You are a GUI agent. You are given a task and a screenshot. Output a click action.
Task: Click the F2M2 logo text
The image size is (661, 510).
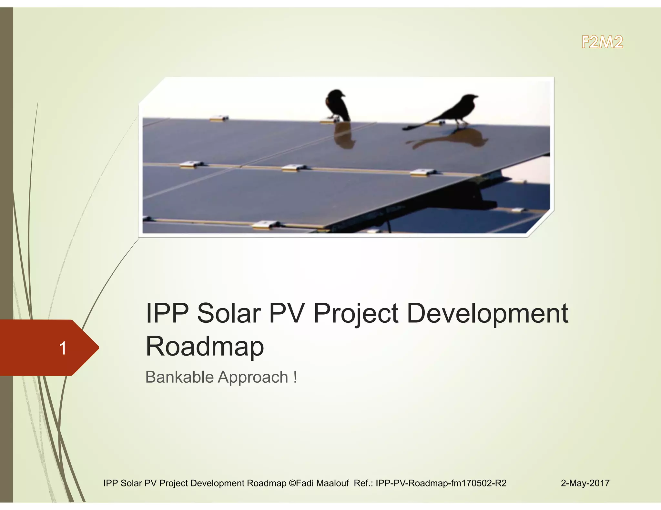tap(602, 42)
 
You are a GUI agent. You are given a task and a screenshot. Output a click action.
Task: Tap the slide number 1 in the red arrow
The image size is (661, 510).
tap(63, 348)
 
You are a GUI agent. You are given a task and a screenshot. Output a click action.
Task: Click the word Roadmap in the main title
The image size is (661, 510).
tap(205, 346)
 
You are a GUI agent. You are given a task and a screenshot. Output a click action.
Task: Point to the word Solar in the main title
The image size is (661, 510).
tap(229, 313)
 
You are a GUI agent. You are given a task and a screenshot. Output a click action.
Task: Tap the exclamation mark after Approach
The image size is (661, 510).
tap(295, 377)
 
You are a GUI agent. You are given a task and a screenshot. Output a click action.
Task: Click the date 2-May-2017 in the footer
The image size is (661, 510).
tap(585, 483)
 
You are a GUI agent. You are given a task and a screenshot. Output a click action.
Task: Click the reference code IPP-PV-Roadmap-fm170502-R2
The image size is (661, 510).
tap(441, 483)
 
